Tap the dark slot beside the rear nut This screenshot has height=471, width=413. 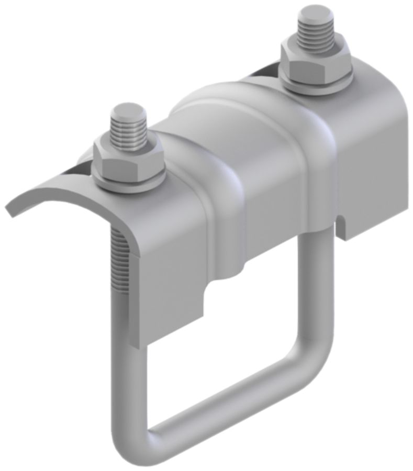(264, 73)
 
